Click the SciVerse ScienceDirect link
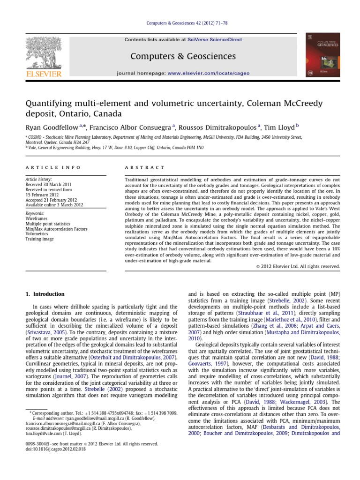coord(219,40)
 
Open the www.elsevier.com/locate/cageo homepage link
coord(209,74)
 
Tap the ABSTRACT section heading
coord(143,167)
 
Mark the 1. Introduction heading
coord(44,294)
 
